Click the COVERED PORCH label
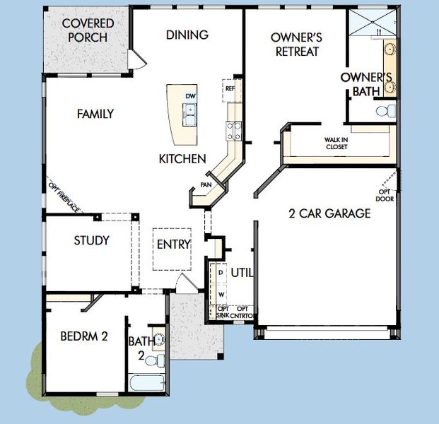click(x=88, y=30)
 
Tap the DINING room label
click(x=187, y=35)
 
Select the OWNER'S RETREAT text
click(x=295, y=44)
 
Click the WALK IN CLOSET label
click(x=336, y=143)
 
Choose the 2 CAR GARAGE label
click(x=329, y=213)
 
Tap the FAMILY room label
click(x=95, y=114)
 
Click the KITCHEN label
click(x=182, y=159)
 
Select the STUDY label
click(x=92, y=240)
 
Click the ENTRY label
click(x=173, y=245)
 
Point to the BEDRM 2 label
click(x=83, y=336)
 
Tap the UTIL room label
click(x=242, y=273)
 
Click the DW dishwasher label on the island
click(x=189, y=95)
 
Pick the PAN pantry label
click(x=206, y=185)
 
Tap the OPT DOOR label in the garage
click(x=385, y=194)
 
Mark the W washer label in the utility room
click(x=221, y=293)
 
